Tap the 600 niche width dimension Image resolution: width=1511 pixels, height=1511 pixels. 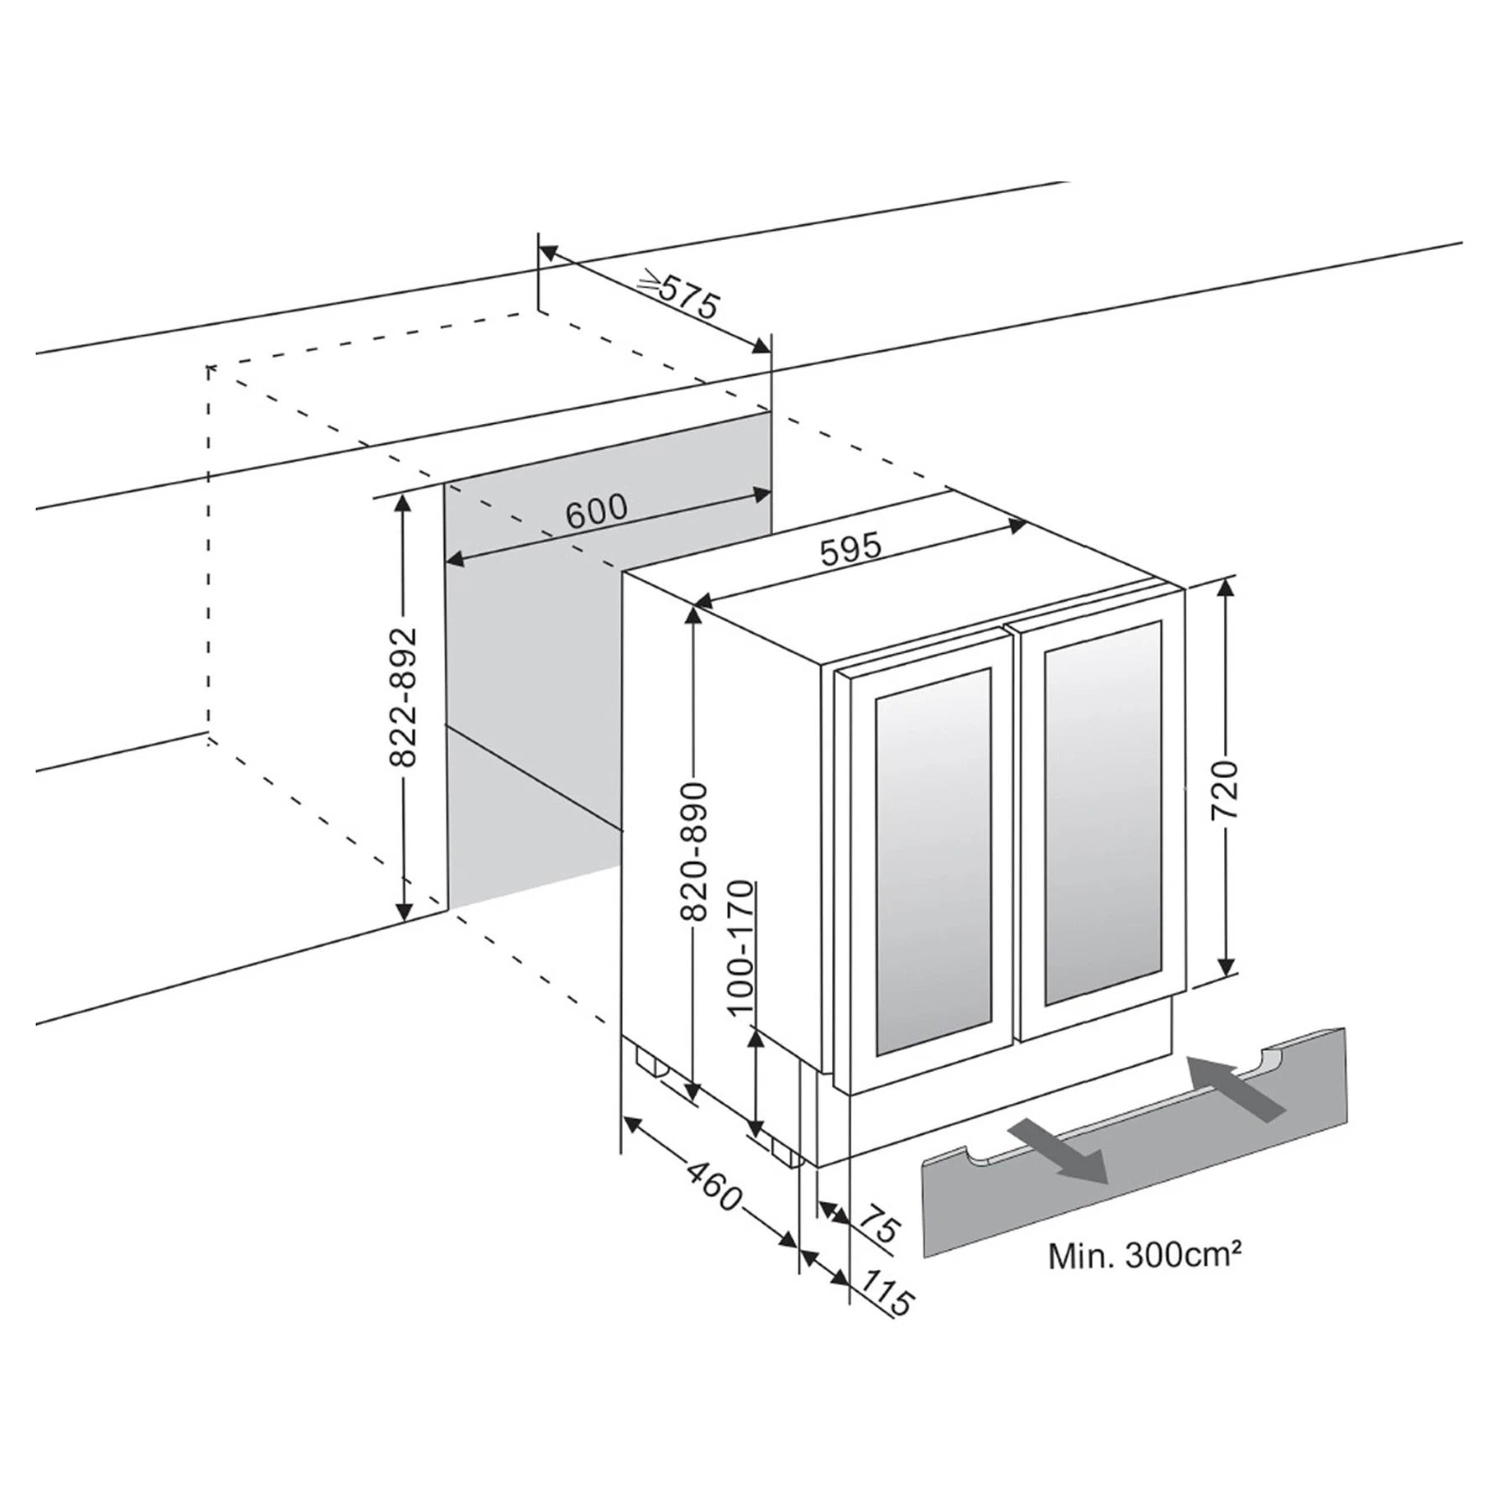click(x=597, y=510)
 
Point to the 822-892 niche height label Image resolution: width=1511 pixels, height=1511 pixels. click(x=404, y=696)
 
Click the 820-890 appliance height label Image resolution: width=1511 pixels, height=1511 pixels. click(x=696, y=852)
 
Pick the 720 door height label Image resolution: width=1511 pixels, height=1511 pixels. click(x=1226, y=790)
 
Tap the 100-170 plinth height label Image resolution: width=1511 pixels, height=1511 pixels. click(x=740, y=948)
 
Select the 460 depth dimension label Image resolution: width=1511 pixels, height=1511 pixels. click(x=714, y=1184)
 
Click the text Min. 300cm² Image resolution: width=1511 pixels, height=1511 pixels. click(x=1144, y=1257)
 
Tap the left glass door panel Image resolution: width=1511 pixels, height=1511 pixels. click(x=933, y=860)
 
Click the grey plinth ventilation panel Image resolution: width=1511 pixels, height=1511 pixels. click(x=1134, y=1142)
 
